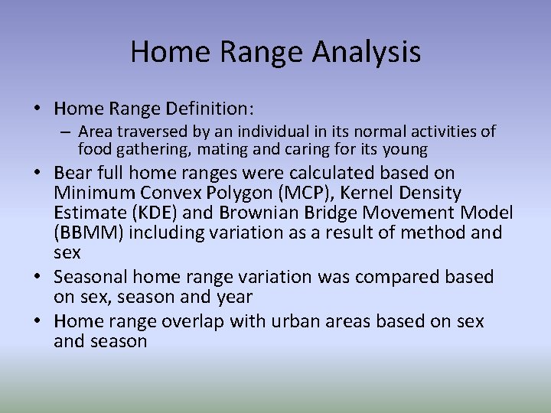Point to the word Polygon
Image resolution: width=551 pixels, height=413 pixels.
coord(236,193)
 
